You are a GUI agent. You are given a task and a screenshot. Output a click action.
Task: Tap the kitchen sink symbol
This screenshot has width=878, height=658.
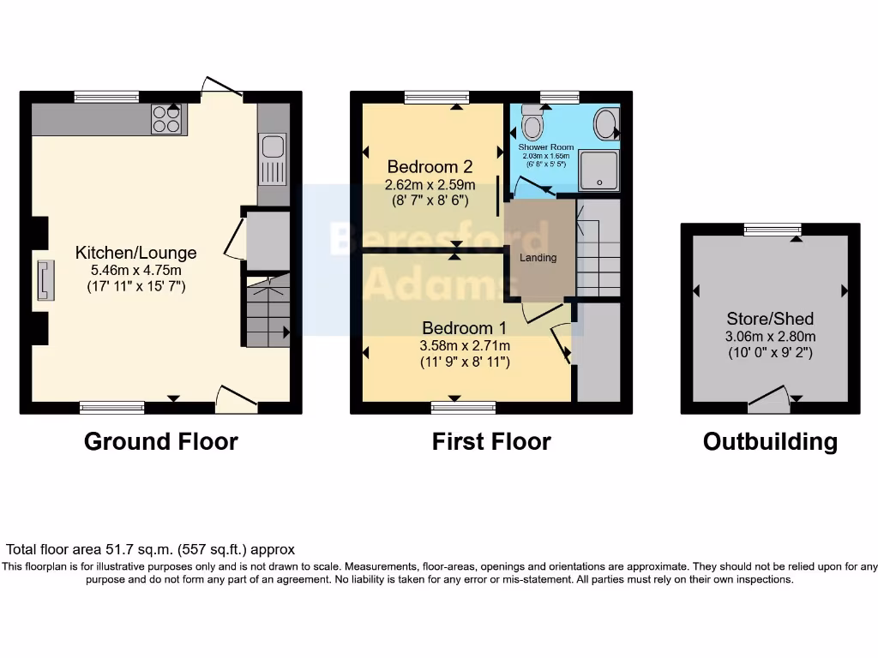click(274, 160)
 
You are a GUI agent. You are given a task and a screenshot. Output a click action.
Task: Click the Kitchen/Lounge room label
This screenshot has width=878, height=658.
click(136, 253)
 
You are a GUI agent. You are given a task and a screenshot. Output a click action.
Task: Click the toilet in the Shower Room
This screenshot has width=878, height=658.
click(532, 125)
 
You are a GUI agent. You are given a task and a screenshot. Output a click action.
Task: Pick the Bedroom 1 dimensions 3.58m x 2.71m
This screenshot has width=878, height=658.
click(465, 345)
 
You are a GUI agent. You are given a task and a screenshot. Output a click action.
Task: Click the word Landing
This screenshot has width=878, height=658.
click(538, 258)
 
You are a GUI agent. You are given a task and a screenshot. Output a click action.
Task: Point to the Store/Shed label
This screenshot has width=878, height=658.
click(769, 319)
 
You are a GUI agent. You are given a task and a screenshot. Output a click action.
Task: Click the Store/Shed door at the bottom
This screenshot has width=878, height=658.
click(770, 398)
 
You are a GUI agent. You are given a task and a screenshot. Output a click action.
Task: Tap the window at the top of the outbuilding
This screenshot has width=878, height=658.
click(773, 228)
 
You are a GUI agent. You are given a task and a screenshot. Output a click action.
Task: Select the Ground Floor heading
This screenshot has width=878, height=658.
click(161, 441)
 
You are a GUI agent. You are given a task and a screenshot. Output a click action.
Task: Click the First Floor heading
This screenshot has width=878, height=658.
click(491, 441)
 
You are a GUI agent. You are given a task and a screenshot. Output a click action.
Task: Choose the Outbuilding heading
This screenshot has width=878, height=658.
click(770, 441)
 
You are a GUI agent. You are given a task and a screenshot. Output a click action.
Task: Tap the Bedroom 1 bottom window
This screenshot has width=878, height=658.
click(463, 408)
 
